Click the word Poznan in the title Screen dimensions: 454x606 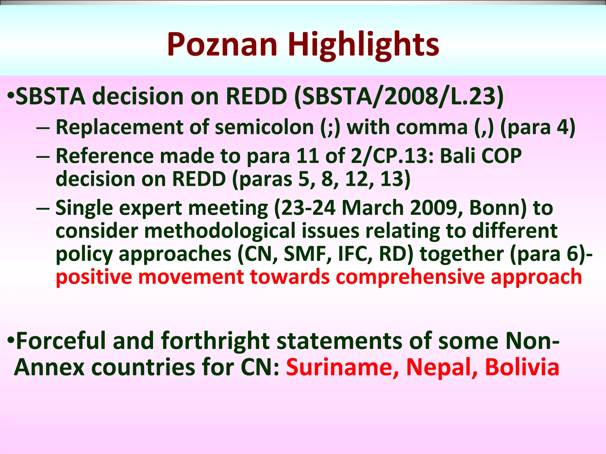click(222, 45)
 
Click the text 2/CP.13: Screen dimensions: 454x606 click(392, 156)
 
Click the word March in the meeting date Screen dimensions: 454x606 click(373, 208)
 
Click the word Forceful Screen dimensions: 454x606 click(61, 341)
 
